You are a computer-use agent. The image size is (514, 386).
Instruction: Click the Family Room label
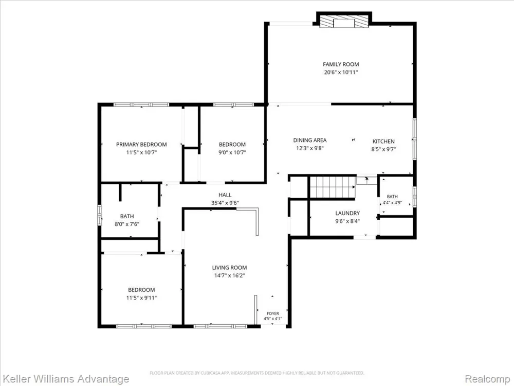pyautogui.click(x=341, y=64)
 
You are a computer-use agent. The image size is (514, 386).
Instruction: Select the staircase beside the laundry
pyautogui.click(x=333, y=187)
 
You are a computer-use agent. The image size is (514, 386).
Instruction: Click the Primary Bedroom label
pyautogui.click(x=142, y=145)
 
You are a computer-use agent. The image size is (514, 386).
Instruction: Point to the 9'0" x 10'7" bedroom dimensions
pyautogui.click(x=232, y=152)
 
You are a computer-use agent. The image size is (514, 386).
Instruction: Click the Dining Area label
pyautogui.click(x=310, y=140)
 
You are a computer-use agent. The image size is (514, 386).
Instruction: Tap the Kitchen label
pyautogui.click(x=383, y=142)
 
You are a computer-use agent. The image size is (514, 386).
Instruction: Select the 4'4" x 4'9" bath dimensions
pyautogui.click(x=392, y=203)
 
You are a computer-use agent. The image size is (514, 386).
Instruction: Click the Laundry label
pyautogui.click(x=347, y=213)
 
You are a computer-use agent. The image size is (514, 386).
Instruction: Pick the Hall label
pyautogui.click(x=225, y=195)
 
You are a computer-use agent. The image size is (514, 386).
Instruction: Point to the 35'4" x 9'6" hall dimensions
pyautogui.click(x=225, y=203)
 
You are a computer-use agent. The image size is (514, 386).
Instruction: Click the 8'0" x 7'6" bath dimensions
pyautogui.click(x=127, y=224)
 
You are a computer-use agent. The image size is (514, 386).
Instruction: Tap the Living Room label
pyautogui.click(x=229, y=268)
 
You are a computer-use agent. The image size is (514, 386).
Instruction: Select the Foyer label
pyautogui.click(x=273, y=313)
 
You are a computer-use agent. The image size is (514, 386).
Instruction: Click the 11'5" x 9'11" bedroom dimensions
pyautogui.click(x=142, y=298)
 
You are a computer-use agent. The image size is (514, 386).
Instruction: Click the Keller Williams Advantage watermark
pyautogui.click(x=65, y=379)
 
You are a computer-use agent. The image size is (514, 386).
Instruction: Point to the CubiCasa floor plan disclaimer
pyautogui.click(x=257, y=373)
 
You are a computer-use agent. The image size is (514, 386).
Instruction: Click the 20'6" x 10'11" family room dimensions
pyautogui.click(x=341, y=73)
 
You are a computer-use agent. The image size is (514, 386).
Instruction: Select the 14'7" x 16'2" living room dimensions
pyautogui.click(x=229, y=276)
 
